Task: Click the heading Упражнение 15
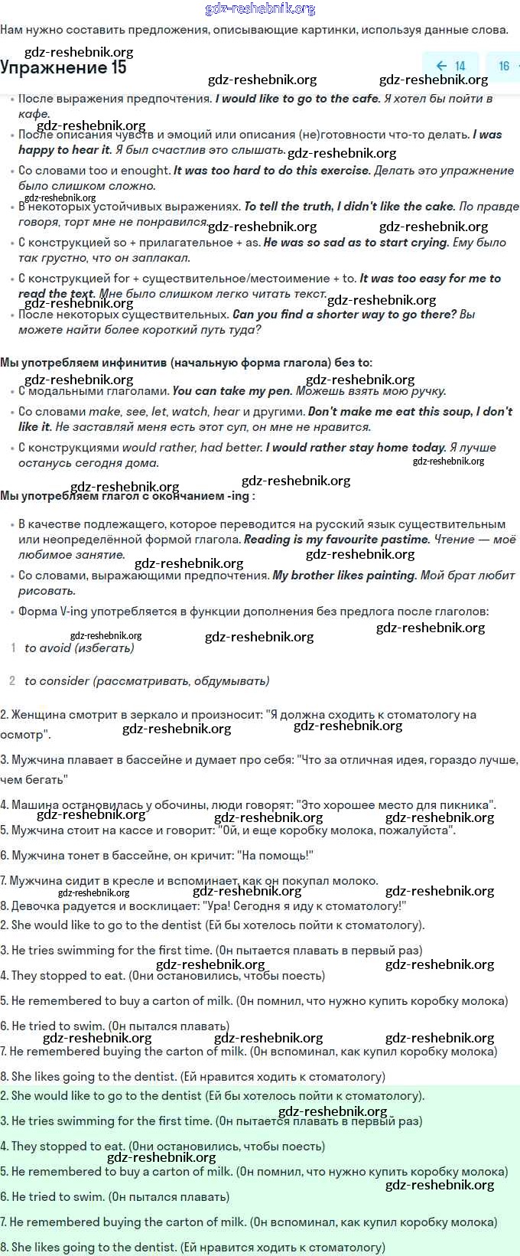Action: click(63, 68)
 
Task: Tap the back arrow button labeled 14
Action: click(450, 66)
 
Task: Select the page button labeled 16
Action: click(504, 66)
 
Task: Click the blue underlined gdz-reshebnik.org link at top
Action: click(260, 9)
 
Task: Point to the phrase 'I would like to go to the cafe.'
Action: click(297, 98)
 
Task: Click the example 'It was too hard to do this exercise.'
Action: click(271, 171)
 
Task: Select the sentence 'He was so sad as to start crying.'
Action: click(356, 243)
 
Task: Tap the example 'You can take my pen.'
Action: click(232, 391)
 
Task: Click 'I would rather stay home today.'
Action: click(356, 448)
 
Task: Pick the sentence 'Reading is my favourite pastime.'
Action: click(336, 540)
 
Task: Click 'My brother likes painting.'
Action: click(344, 576)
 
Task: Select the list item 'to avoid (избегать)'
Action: click(79, 648)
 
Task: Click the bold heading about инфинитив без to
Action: click(186, 363)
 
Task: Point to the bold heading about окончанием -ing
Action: click(127, 496)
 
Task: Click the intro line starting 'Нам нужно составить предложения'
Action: click(254, 30)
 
